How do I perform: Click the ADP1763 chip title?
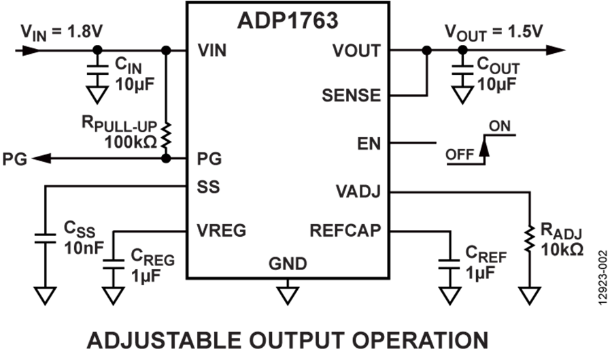288,20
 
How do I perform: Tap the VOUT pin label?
356,51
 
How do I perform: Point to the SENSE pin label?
351,95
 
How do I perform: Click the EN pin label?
369,144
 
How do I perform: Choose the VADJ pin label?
358,192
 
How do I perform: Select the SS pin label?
208,186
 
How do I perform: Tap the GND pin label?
288,263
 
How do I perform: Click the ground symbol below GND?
288,295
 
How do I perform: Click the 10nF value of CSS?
84,246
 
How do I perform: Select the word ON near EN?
499,126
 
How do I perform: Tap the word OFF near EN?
460,154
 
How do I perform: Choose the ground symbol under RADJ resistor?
530,295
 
